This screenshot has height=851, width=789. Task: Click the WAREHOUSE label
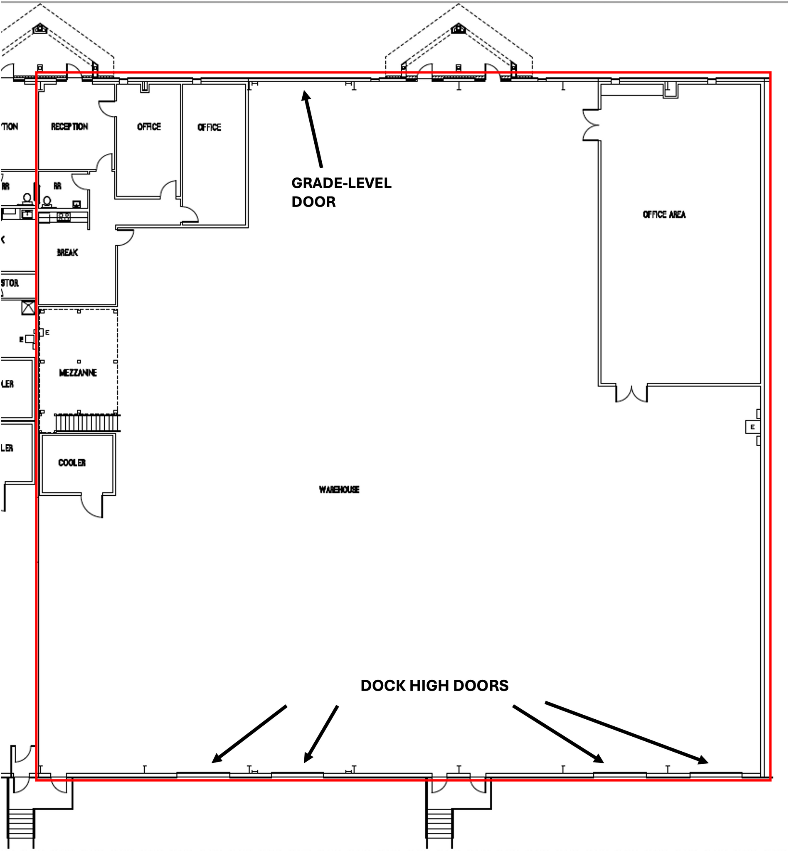coord(339,489)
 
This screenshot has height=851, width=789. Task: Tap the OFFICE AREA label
coord(664,215)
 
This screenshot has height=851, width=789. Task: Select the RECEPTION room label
coord(69,127)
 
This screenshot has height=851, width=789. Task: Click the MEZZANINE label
coord(78,373)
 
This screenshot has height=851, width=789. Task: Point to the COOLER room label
coord(72,463)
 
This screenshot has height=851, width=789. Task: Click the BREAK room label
coord(67,253)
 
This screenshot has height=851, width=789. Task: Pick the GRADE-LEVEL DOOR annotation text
coord(341,192)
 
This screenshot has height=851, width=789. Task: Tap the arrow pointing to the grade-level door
coord(313,128)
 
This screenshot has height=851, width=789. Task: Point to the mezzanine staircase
coord(88,423)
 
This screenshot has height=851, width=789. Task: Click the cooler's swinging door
coord(92,507)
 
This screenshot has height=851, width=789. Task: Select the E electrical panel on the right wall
coord(752,427)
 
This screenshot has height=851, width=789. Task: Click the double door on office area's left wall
coord(591,125)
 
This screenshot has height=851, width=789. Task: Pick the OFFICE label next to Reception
coord(149,127)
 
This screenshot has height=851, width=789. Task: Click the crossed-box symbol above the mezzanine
coord(29,308)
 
